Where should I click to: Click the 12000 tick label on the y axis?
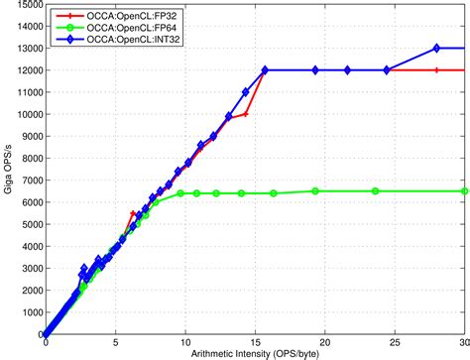tap(20, 71)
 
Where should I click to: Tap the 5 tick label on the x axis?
tap(115, 345)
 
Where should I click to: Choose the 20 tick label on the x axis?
tap(326, 345)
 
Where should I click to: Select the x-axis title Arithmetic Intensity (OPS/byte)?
tap(255, 355)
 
